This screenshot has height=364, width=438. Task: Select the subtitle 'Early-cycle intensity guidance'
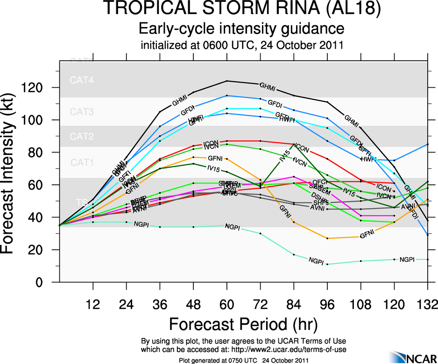click(x=242, y=29)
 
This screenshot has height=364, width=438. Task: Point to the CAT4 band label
click(x=82, y=80)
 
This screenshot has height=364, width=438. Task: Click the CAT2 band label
click(x=82, y=137)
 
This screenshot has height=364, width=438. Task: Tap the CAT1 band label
click(x=82, y=163)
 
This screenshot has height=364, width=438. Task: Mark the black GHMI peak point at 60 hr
click(x=227, y=81)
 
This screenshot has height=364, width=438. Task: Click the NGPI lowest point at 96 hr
click(x=327, y=264)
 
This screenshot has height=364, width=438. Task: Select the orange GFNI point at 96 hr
click(x=327, y=238)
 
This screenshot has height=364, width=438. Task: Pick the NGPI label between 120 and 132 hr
click(x=407, y=259)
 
